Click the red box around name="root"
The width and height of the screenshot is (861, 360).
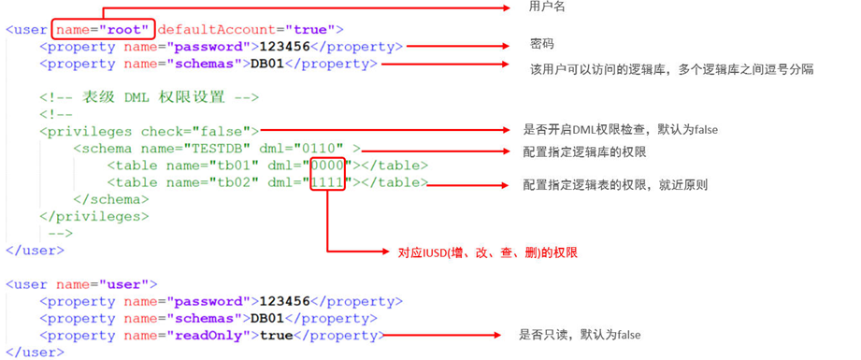[102, 29]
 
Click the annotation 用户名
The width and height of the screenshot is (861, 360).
[547, 7]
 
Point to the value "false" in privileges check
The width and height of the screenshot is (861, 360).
[224, 131]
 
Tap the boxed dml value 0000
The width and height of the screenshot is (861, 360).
[329, 166]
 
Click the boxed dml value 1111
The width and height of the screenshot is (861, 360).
[329, 182]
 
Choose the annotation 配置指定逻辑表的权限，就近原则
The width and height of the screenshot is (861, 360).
[615, 185]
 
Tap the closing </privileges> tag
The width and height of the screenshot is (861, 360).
[93, 216]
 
